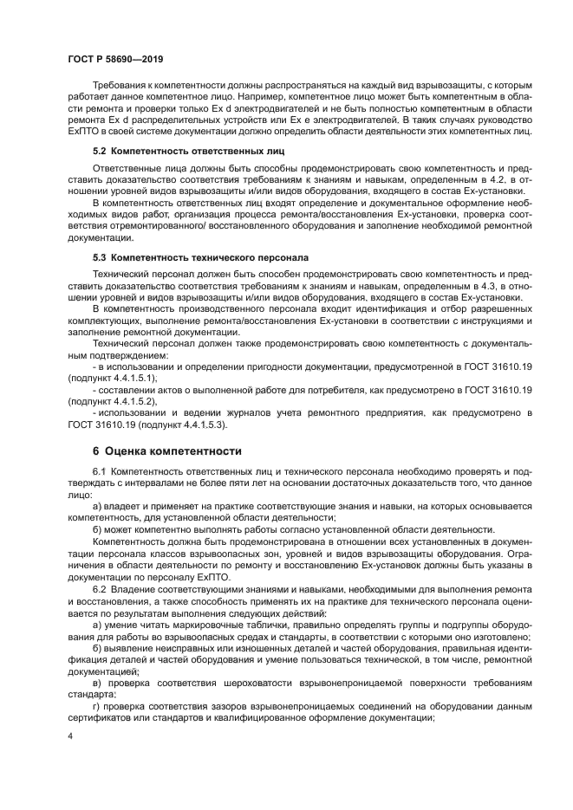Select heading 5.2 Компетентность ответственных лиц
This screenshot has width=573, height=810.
[x=170, y=150]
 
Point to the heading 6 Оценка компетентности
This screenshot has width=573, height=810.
[x=166, y=450]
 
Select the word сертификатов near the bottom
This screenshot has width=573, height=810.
[x=98, y=716]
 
